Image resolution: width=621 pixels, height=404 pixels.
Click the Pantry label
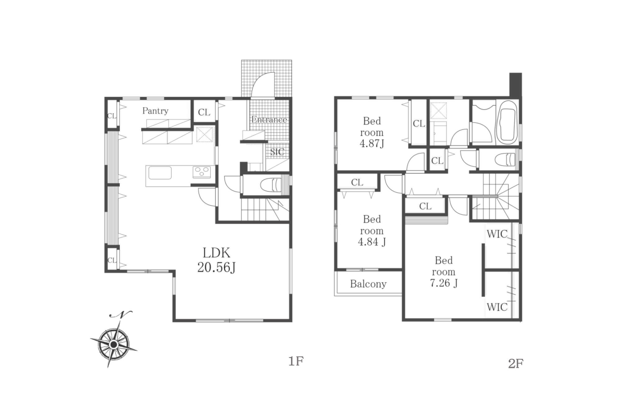point(155,111)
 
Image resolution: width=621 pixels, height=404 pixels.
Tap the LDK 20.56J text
point(216,260)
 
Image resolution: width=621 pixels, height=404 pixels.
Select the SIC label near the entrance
point(277,152)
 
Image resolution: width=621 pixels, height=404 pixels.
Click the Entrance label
point(269,120)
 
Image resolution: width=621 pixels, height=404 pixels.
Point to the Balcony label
point(368,284)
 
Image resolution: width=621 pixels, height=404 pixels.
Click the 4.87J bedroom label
point(372,132)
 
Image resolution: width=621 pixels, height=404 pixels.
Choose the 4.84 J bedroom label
point(372,231)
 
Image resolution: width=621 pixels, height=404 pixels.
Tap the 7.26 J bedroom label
point(444,272)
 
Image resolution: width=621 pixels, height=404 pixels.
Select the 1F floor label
point(296,361)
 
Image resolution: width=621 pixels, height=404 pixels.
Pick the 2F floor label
point(516,363)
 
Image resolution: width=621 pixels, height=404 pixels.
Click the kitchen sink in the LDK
point(160,173)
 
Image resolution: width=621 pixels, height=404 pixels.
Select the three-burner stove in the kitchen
point(202,172)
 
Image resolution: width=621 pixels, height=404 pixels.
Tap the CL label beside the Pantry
point(204,112)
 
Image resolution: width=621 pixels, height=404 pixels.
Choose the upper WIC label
point(497,234)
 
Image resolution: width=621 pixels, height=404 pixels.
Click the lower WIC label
point(497,307)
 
